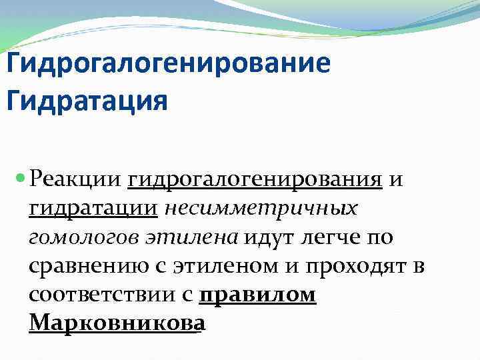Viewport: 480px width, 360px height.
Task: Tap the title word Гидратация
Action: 86,102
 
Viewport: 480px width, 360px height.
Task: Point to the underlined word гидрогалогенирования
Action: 255,179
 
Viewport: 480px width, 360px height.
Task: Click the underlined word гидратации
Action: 93,208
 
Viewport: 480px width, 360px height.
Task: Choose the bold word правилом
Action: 257,295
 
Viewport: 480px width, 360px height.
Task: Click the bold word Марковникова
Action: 115,324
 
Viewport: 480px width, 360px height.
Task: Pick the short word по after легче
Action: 379,237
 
